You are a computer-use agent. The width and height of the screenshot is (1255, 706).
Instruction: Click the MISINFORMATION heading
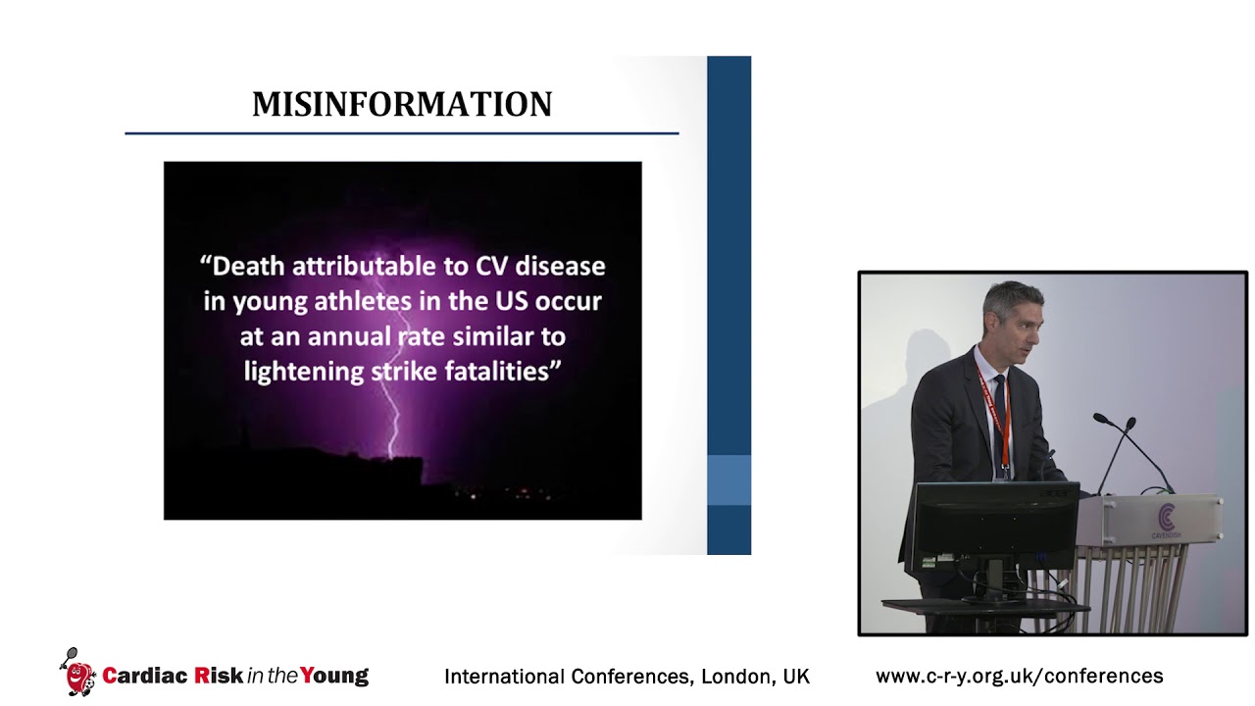tap(402, 105)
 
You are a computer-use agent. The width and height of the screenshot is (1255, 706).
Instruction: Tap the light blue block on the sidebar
tap(728, 480)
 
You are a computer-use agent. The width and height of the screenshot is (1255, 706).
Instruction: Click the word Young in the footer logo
tap(334, 676)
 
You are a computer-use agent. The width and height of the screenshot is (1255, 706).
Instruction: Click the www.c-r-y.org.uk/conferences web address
tap(1019, 676)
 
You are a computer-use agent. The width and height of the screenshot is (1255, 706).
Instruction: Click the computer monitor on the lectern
tap(996, 520)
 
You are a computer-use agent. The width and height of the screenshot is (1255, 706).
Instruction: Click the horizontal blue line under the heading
tap(402, 132)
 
